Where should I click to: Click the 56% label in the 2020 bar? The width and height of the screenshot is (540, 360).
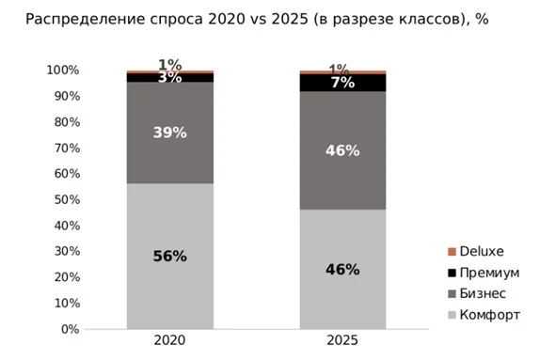[169, 257]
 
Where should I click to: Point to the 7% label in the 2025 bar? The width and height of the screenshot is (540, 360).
[342, 83]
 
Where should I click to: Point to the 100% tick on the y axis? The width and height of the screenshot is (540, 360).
[64, 70]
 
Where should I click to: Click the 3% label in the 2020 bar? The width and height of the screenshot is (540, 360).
[169, 78]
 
